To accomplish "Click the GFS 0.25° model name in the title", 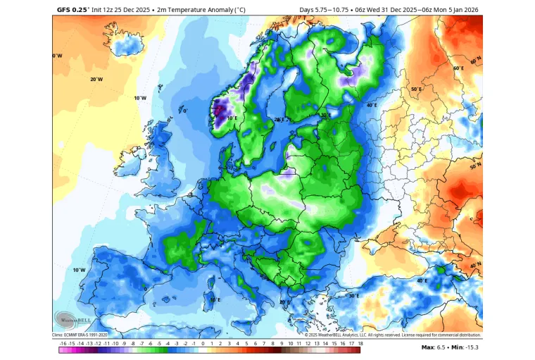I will point(73,10).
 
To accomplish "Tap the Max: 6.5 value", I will point(435,347).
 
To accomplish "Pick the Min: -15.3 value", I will point(466,347).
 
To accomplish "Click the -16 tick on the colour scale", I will point(63,342).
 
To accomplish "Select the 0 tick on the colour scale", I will point(203,342).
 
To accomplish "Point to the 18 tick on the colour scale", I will point(360,342).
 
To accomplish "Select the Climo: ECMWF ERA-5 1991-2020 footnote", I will point(80,335).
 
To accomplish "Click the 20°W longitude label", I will point(96,79).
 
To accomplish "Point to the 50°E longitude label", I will point(415,89).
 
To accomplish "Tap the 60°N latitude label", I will point(458,68).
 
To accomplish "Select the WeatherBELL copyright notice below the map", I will point(393,335).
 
